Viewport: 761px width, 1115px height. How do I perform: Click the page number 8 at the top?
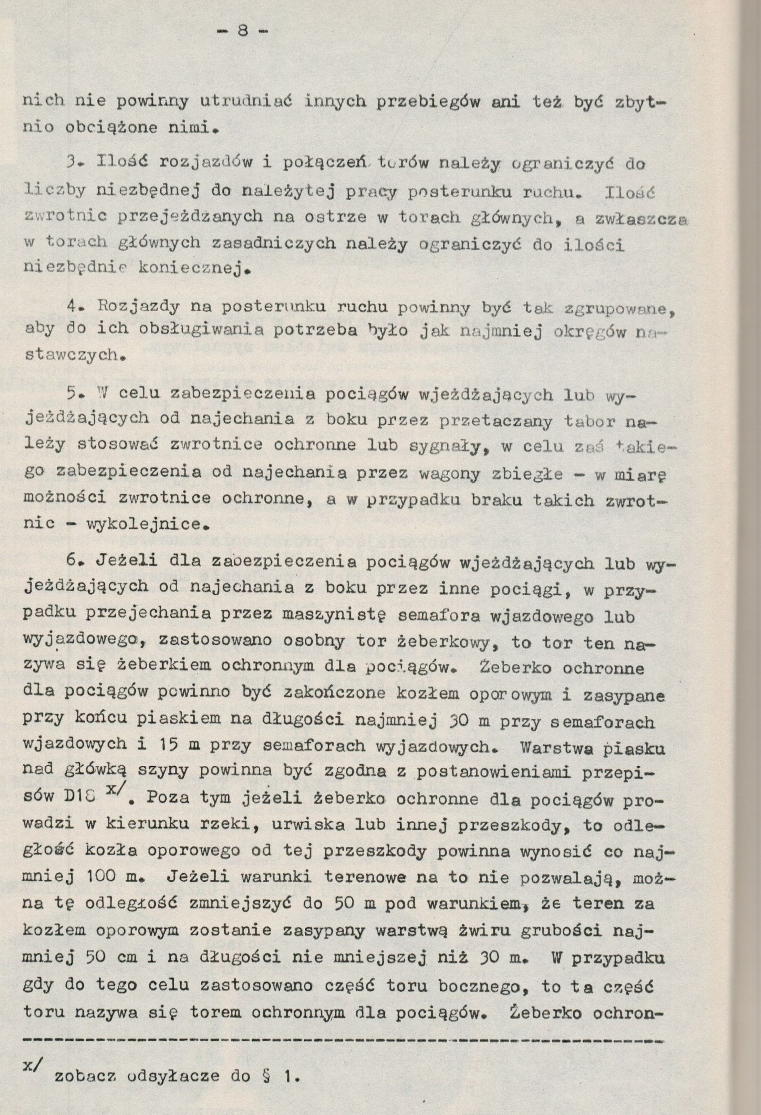point(242,32)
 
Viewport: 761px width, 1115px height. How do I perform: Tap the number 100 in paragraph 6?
point(102,877)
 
